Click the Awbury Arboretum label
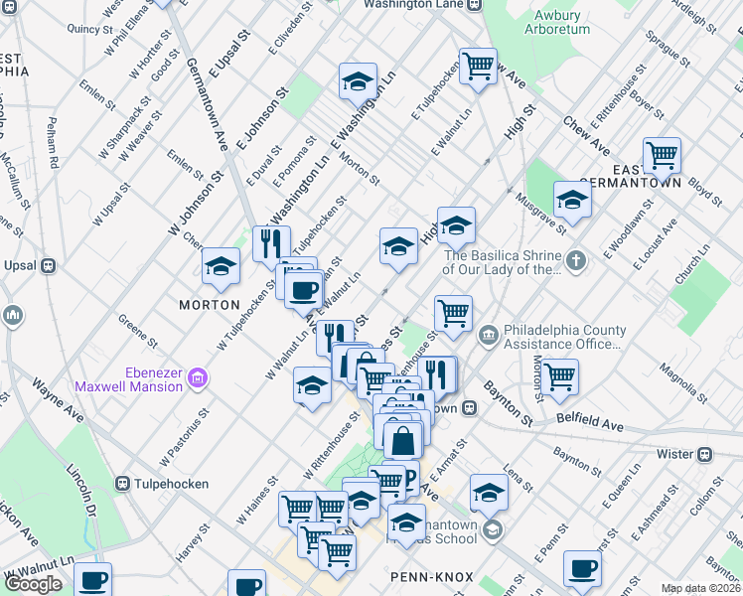point(562,22)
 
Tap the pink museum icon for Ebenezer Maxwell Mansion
point(198,378)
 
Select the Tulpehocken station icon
point(123,484)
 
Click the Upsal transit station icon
point(47,266)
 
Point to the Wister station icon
point(705,454)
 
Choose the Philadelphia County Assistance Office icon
point(488,332)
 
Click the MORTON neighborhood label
point(209,304)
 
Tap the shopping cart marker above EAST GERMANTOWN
point(662,155)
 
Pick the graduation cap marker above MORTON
point(221,265)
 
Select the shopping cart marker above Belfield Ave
point(560,376)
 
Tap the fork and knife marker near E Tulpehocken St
point(270,241)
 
